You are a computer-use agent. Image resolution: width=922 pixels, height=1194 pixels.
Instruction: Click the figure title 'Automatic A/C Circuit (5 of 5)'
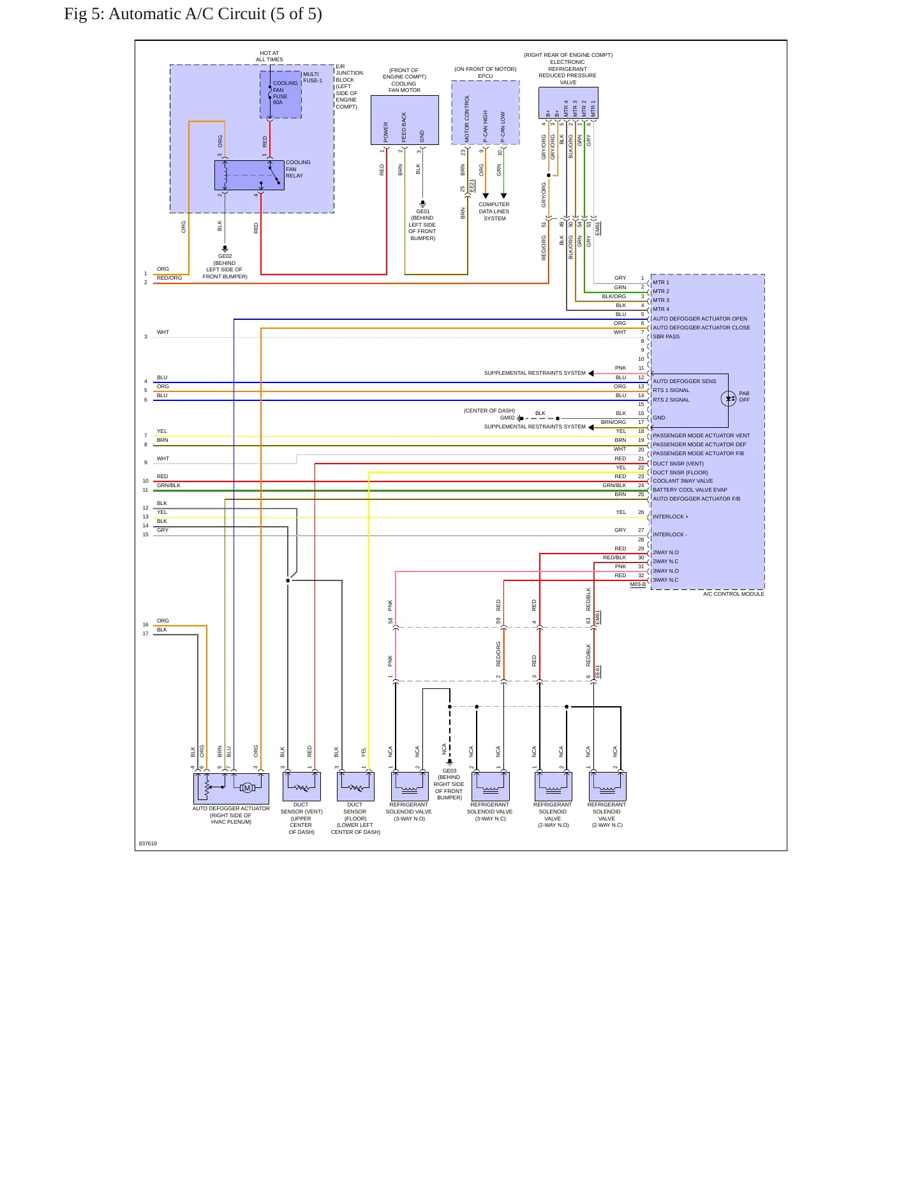click(x=215, y=14)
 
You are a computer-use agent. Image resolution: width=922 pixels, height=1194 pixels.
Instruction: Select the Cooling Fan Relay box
click(x=249, y=175)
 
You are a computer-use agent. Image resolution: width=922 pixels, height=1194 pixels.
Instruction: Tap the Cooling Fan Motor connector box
click(x=405, y=120)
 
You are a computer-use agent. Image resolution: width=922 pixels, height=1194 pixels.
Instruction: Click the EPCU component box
click(x=486, y=112)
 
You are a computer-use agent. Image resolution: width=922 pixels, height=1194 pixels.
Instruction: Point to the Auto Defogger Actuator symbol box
click(x=232, y=788)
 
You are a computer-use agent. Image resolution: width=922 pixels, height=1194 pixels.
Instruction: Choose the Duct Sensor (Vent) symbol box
click(x=302, y=787)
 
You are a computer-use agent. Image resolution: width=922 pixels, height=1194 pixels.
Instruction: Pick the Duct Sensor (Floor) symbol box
click(x=355, y=787)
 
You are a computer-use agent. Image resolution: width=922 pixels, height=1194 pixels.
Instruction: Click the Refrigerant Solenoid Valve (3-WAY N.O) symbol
click(x=410, y=787)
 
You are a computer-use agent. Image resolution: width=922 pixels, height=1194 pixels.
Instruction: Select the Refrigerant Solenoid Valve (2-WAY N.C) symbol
click(x=607, y=787)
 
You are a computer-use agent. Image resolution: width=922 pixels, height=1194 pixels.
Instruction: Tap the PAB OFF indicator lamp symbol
click(x=729, y=399)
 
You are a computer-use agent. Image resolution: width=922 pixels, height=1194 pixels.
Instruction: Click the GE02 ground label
click(x=225, y=256)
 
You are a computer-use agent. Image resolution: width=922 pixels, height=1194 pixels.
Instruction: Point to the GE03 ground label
click(x=450, y=771)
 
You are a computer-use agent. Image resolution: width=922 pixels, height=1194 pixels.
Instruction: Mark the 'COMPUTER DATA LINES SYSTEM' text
click(x=494, y=211)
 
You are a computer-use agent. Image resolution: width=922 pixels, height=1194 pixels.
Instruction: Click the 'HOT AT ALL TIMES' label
click(x=269, y=57)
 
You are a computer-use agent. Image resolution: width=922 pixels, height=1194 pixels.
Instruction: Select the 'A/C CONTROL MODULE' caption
click(x=734, y=594)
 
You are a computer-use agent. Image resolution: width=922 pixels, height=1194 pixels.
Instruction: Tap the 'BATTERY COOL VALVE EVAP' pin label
click(x=690, y=490)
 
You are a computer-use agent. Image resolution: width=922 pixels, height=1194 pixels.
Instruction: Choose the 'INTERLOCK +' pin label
click(x=671, y=517)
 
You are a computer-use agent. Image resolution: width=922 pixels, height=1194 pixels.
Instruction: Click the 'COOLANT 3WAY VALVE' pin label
click(x=683, y=481)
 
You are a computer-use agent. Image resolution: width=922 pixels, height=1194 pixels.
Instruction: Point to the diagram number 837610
click(x=148, y=843)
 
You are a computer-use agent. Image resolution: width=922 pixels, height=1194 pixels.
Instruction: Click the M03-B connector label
click(x=638, y=584)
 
